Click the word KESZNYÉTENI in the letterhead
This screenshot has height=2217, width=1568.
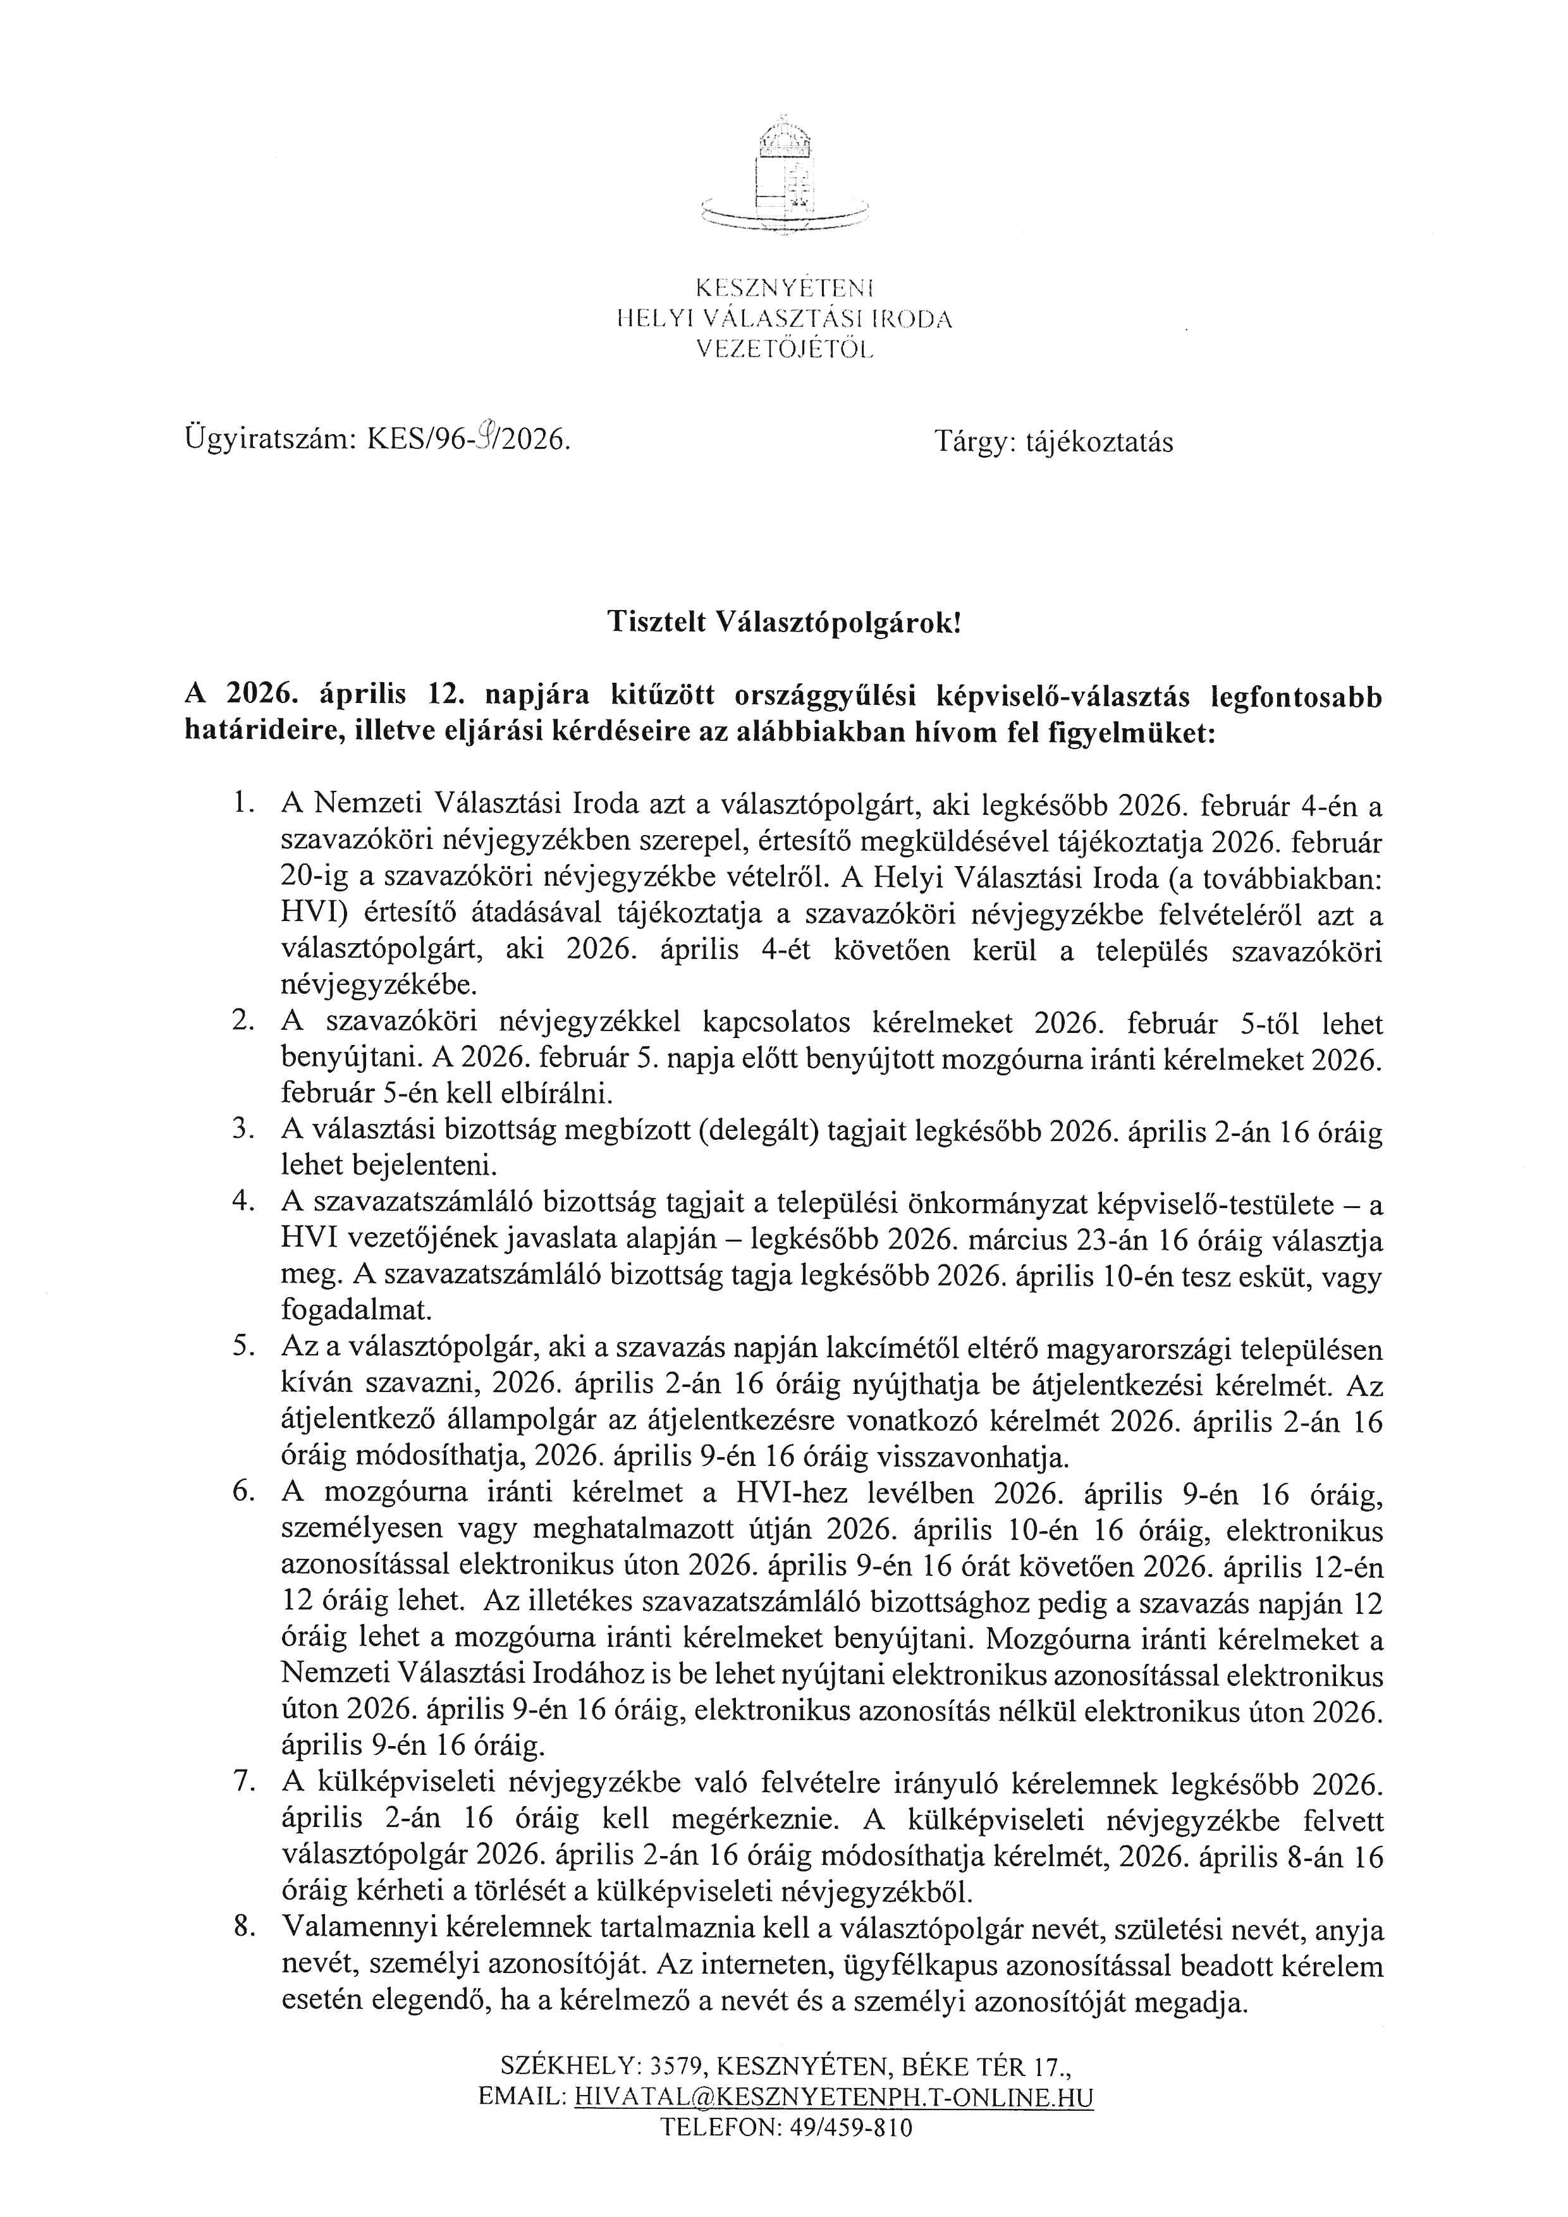(784, 287)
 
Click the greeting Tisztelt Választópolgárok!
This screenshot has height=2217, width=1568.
(784, 623)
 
